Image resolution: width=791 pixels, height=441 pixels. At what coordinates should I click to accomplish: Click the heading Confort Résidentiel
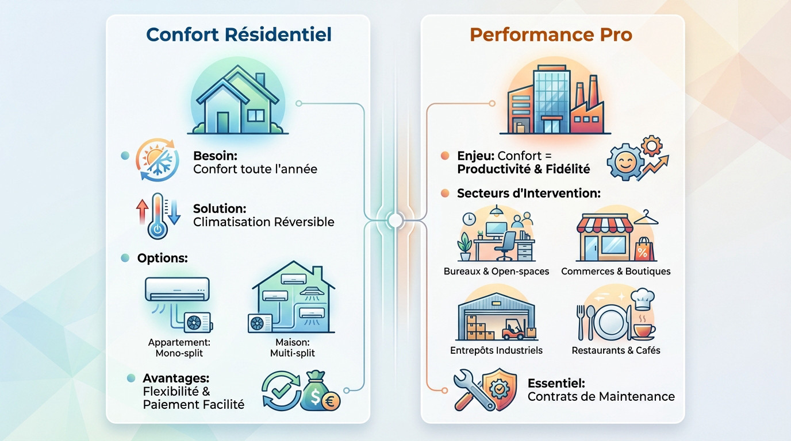tap(239, 34)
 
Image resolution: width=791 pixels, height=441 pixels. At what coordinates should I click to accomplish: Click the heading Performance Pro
tap(551, 34)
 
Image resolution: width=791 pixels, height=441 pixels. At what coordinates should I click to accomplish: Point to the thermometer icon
tap(158, 215)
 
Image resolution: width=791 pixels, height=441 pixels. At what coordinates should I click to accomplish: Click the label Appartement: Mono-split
tap(179, 347)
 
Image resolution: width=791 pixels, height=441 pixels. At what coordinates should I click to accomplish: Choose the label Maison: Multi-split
tap(292, 347)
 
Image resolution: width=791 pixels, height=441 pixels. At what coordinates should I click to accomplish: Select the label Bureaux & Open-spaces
tap(496, 271)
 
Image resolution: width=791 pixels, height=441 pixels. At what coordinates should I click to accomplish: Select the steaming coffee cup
tap(644, 328)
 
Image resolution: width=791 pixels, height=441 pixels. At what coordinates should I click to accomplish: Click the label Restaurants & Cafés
tap(616, 350)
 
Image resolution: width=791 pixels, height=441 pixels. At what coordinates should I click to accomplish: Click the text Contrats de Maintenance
tap(601, 396)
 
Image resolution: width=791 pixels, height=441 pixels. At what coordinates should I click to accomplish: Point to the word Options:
tap(162, 258)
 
